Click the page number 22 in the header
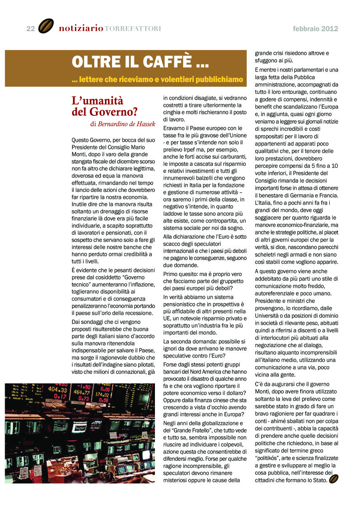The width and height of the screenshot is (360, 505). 30,29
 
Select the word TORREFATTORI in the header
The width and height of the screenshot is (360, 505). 133,29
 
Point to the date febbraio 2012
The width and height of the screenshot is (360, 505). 315,29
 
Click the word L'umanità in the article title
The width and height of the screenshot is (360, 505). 97,101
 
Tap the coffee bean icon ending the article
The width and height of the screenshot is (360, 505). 334,479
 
